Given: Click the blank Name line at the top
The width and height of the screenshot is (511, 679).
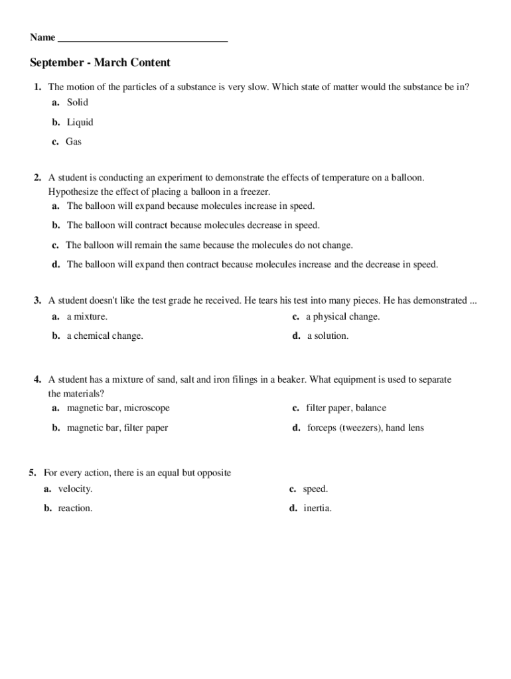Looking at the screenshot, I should coord(143,38).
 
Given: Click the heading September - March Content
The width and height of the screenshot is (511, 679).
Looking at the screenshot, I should coord(100,63).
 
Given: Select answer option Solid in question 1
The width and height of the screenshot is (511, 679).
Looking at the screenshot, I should coord(77,103).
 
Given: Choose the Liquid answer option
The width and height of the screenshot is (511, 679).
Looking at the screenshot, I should coord(80,122).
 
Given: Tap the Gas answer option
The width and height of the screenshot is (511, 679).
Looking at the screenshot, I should coord(73,142).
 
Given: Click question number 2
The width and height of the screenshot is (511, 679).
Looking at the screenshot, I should coord(38,178).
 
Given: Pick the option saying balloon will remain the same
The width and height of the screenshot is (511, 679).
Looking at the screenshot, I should coord(209,245).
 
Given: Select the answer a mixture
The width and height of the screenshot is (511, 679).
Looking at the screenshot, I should coord(86,317).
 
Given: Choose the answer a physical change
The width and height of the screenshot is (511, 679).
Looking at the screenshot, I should coord(342,317).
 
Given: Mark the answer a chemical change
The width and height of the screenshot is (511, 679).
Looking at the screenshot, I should coord(104,336).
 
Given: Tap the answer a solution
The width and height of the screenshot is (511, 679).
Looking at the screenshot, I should coord(327,336).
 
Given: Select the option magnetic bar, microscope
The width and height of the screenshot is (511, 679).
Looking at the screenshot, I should coord(117,408).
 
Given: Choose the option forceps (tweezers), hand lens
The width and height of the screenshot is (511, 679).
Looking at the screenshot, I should coord(365,428).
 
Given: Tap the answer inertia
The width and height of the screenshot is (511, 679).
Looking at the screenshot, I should coord(317,509).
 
